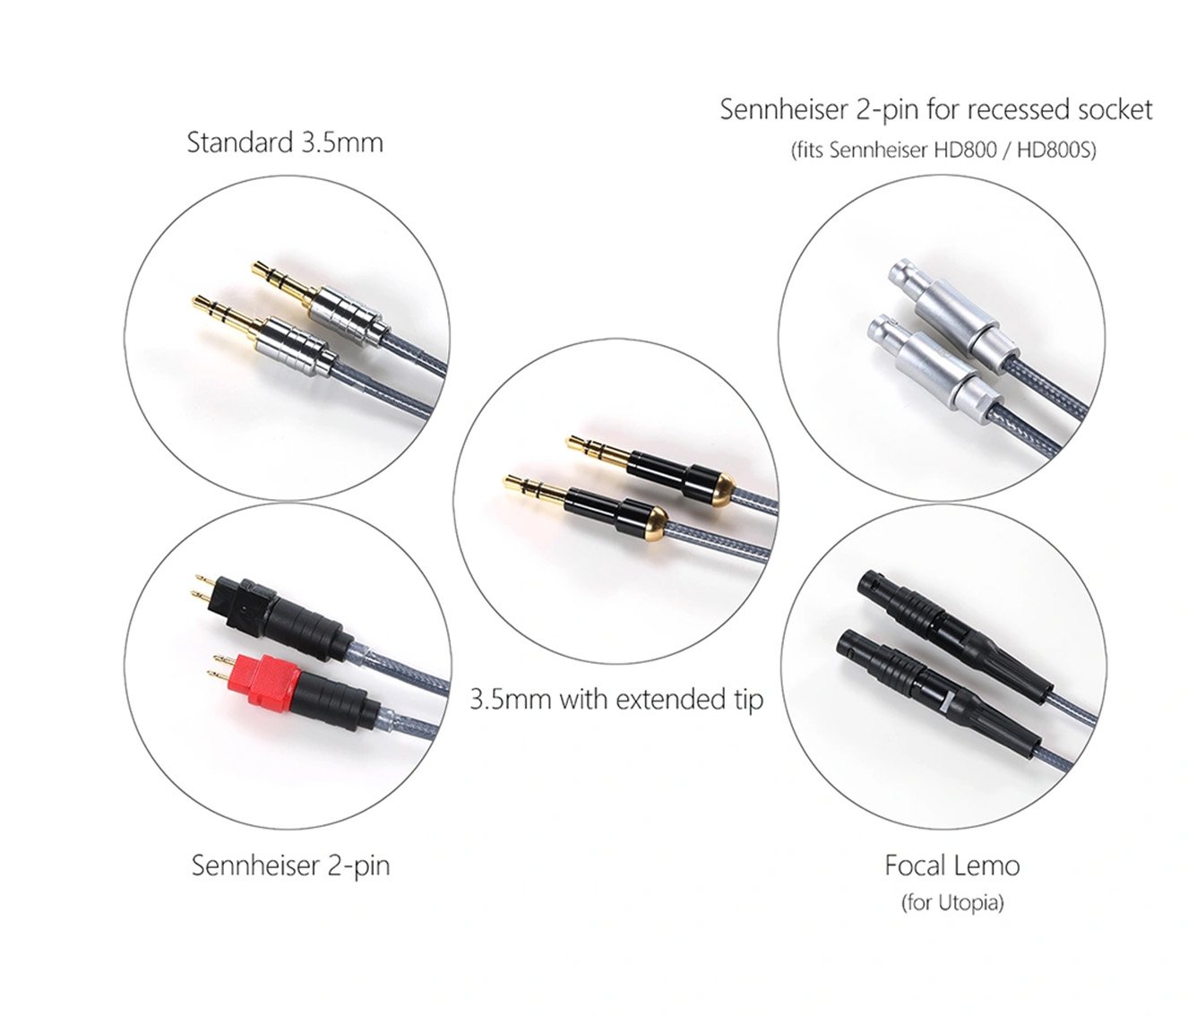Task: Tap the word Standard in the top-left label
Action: pos(240,142)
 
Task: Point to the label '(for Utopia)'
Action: pos(952,903)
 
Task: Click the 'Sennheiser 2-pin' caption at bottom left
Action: pos(290,866)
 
